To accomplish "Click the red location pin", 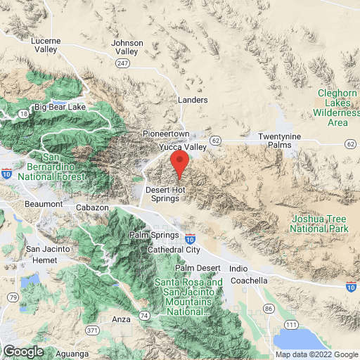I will coord(180,163).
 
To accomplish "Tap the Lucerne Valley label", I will coord(47,45).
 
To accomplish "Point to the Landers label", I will coord(193,101).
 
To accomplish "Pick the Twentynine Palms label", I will coord(280,140).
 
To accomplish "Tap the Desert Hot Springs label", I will coord(167,193).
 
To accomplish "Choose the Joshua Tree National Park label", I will coord(319,224).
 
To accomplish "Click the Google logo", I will coord(23,351).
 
